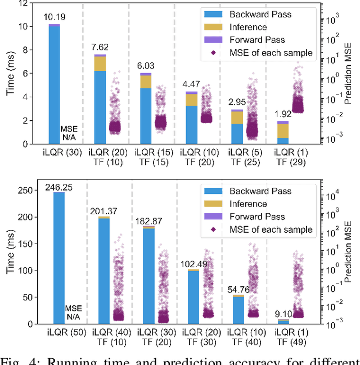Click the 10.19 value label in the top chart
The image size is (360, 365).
(x=54, y=17)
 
